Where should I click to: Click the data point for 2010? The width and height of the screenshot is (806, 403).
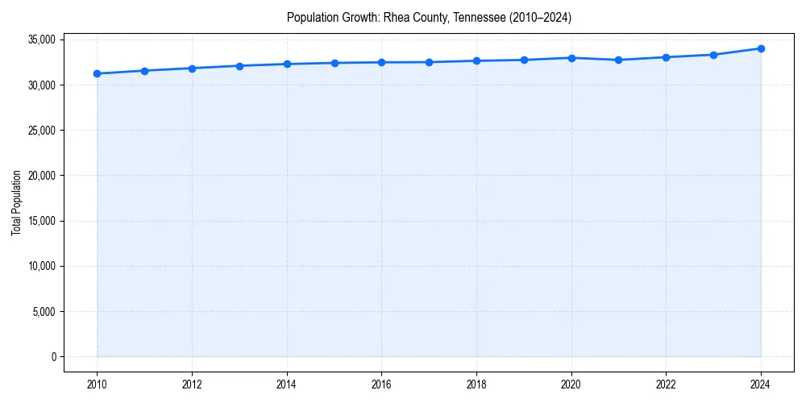coord(97,73)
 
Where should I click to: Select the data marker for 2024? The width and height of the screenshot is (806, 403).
coord(761,48)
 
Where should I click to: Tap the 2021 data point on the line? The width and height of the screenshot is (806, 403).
coord(618,60)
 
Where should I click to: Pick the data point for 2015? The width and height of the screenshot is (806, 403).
coord(334,63)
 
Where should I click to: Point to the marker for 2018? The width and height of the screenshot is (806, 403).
coord(476,60)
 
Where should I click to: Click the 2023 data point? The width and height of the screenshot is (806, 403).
coord(713,55)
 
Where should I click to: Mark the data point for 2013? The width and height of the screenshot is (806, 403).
coord(239,66)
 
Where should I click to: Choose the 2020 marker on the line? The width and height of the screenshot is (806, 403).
coord(571,58)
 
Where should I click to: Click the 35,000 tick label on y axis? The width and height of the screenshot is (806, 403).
coord(39,39)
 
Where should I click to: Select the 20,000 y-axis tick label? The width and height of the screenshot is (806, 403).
coord(39,176)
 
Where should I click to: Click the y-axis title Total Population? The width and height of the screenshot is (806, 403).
coord(16,202)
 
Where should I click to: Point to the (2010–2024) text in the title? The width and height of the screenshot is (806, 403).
coord(539,18)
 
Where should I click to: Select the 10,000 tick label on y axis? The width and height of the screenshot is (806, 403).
coord(39,266)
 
